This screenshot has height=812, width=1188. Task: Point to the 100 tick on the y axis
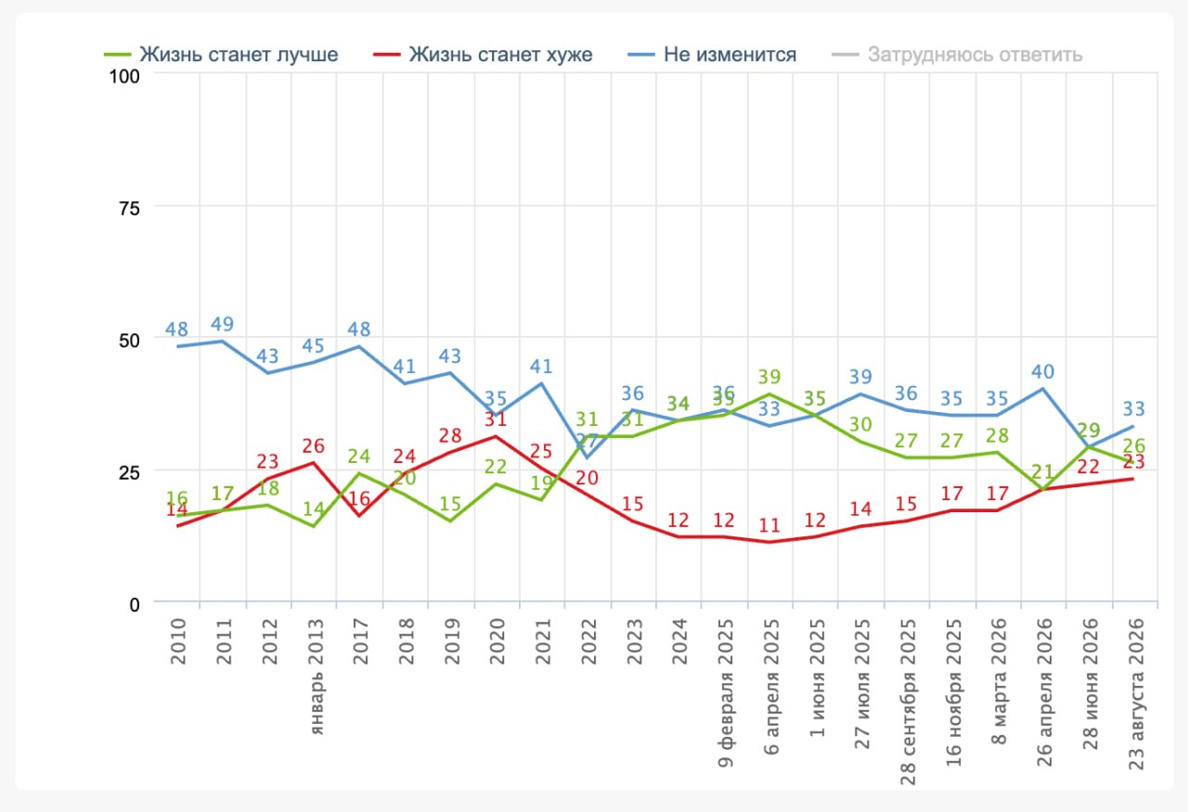tap(124, 76)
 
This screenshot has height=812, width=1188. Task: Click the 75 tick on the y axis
tap(129, 209)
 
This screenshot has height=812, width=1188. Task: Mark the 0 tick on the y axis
tap(135, 605)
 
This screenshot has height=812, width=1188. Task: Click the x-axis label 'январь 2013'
tap(316, 677)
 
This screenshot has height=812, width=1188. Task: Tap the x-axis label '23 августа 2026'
tap(1136, 694)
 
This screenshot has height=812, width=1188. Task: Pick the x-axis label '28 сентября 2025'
tap(908, 702)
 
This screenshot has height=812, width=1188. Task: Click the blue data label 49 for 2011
tap(222, 324)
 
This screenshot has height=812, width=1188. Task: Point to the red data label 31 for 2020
tap(496, 419)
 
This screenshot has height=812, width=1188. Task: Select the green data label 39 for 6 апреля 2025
tap(769, 377)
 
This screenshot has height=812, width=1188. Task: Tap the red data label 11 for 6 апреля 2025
tap(769, 525)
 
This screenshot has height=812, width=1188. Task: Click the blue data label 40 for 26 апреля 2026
tap(1042, 372)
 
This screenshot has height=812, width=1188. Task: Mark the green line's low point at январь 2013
tap(314, 527)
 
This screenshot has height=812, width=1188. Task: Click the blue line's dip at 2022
tap(587, 458)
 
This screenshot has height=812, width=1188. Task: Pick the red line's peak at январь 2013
tap(314, 463)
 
